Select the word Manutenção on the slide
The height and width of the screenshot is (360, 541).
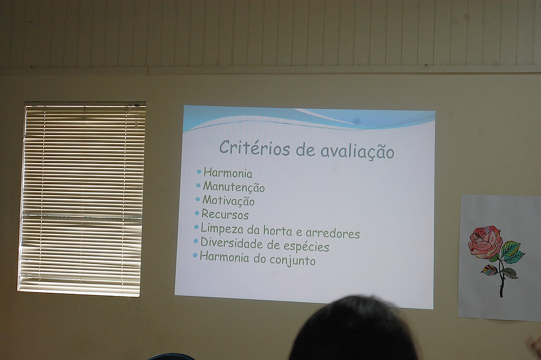click(x=234, y=187)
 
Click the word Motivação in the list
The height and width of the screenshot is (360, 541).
click(x=228, y=201)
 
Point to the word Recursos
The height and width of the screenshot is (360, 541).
click(x=225, y=214)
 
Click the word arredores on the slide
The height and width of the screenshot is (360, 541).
click(x=333, y=234)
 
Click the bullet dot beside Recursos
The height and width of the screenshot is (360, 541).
click(x=197, y=214)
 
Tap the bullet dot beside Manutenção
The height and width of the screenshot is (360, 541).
click(x=199, y=186)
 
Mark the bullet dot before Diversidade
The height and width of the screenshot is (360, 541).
click(x=196, y=241)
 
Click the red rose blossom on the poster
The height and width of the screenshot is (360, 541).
click(x=485, y=242)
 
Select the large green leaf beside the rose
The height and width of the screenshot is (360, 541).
click(x=512, y=252)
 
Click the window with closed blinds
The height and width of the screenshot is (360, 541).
click(x=82, y=199)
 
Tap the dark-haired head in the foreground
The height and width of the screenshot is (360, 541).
click(x=353, y=330)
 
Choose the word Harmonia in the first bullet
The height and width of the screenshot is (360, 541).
click(x=228, y=173)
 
